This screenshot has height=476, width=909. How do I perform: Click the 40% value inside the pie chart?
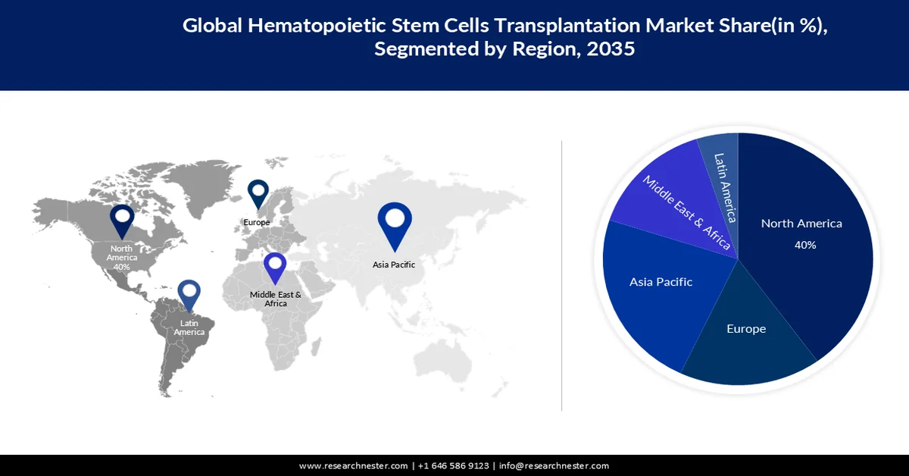click(804, 245)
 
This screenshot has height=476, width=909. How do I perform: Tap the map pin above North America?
click(122, 220)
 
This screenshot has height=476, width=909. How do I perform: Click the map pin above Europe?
click(258, 193)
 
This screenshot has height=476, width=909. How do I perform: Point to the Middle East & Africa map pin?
click(275, 269)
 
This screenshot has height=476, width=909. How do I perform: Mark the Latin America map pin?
click(189, 296)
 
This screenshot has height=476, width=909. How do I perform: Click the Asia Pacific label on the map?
click(394, 265)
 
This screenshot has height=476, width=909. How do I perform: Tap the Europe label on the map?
click(257, 223)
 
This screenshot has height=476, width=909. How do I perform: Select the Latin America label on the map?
click(189, 327)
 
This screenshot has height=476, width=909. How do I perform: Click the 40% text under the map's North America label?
click(122, 267)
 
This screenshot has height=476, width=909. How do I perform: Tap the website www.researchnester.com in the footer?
click(354, 465)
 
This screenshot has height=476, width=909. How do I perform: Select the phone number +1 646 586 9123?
click(453, 465)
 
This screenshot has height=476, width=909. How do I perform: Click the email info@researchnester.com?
click(554, 465)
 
